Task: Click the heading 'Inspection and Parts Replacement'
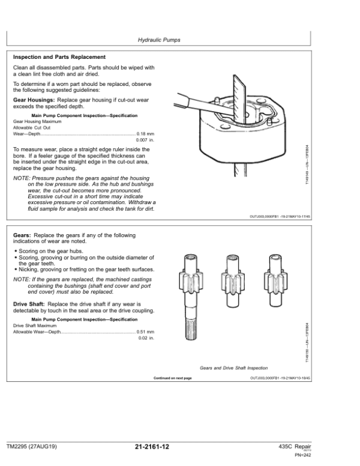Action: pos(59,57)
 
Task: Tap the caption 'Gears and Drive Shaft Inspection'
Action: pos(234,368)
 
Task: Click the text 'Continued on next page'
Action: pos(173,378)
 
